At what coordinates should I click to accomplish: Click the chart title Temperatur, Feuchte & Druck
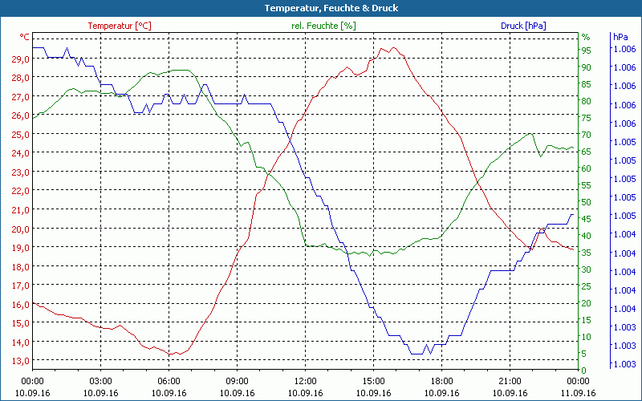[x=320, y=8]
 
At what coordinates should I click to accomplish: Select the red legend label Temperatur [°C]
[x=119, y=26]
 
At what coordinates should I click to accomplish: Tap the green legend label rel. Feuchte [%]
[x=323, y=26]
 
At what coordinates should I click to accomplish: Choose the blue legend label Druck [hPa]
[x=523, y=26]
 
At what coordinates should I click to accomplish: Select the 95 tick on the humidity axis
[x=586, y=50]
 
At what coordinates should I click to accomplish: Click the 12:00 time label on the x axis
[x=305, y=382]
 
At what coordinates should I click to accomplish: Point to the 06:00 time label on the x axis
[x=169, y=382]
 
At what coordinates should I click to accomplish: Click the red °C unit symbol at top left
[x=25, y=37]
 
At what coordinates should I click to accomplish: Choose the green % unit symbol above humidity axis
[x=586, y=37]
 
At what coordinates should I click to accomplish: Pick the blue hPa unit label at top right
[x=620, y=37]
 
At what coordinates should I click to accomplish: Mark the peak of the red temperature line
[x=393, y=47]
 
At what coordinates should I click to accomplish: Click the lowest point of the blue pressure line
[x=416, y=353]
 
